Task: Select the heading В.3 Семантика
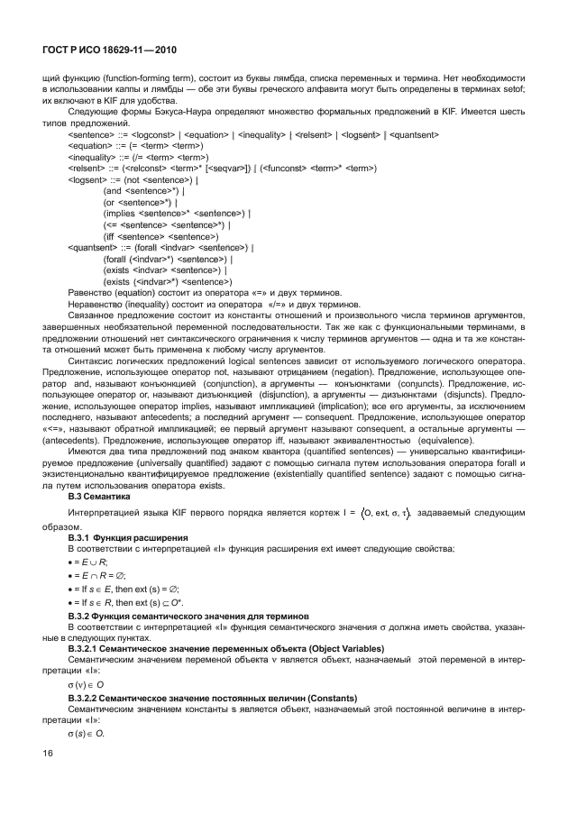pyautogui.click(x=100, y=496)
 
